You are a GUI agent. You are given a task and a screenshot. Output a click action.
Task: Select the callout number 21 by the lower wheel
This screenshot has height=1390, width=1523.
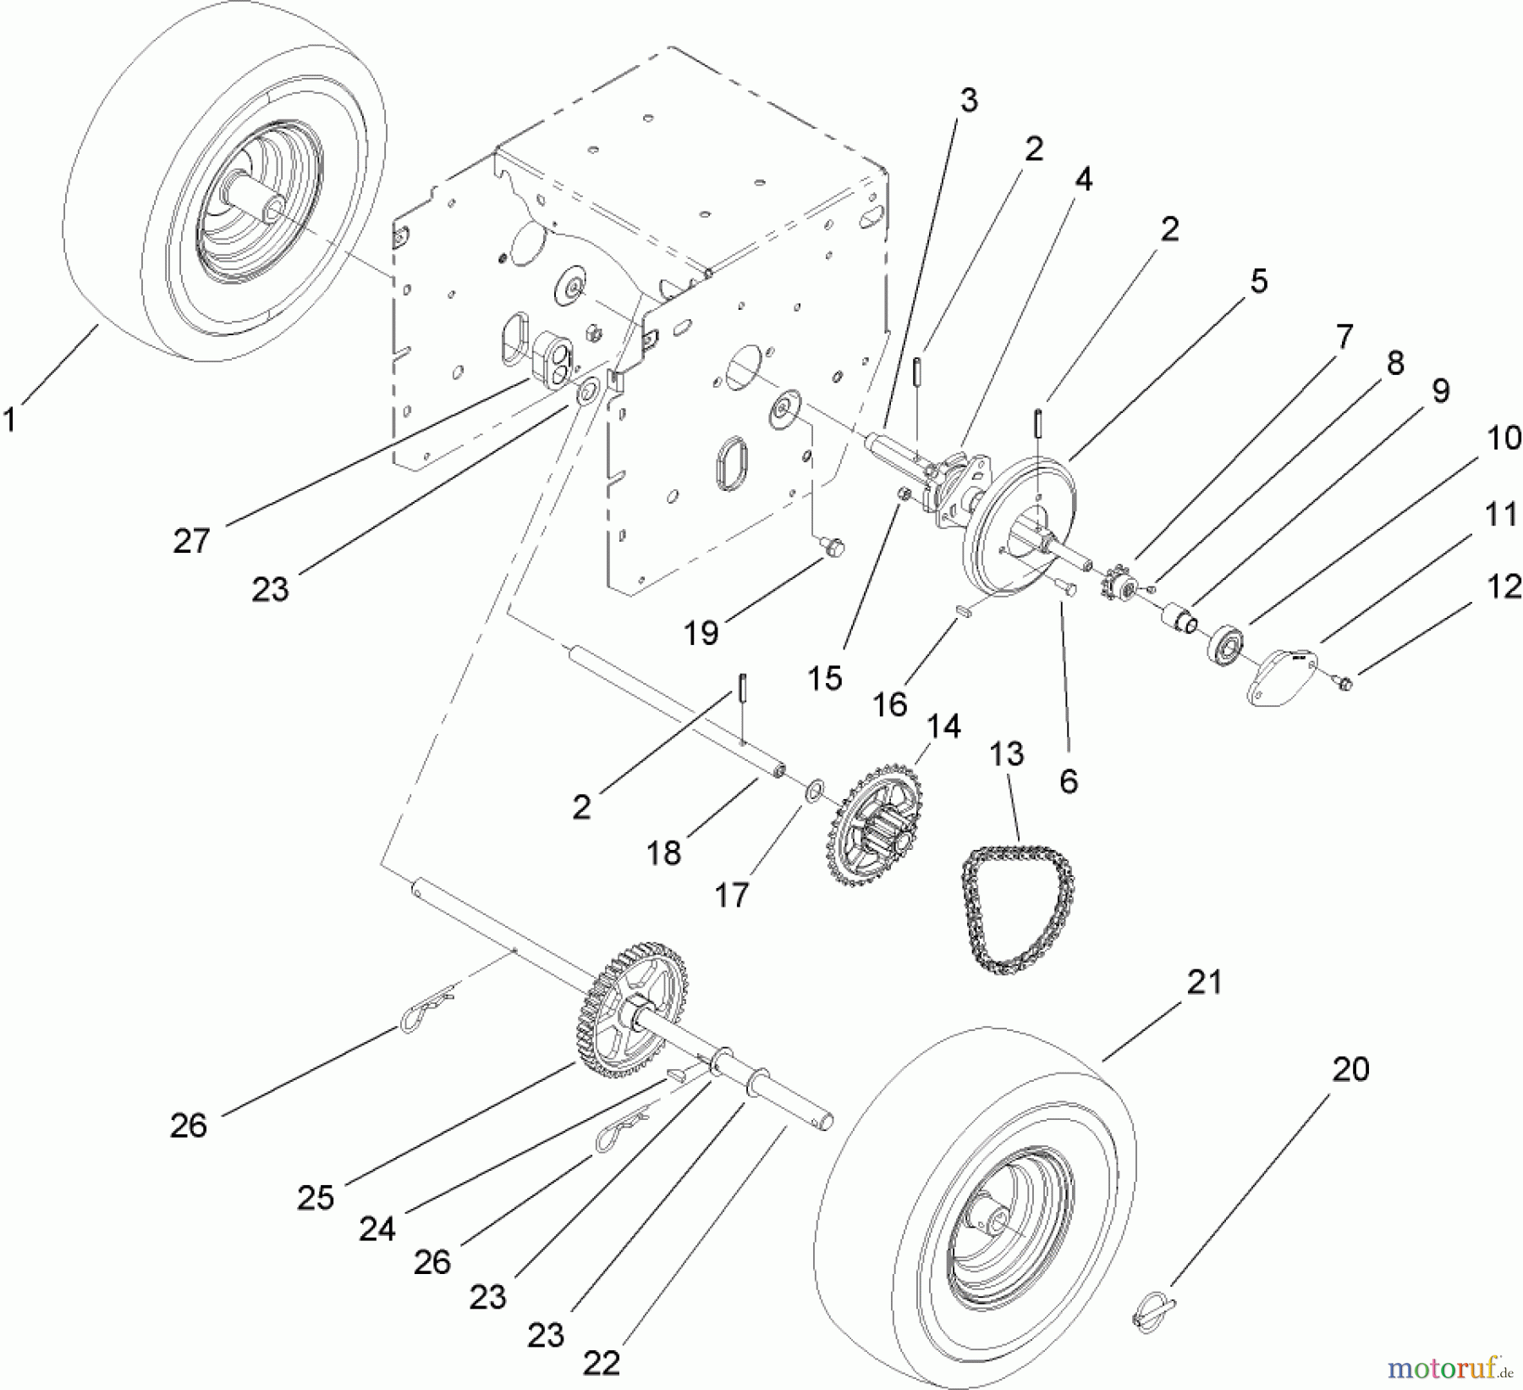click(x=1204, y=982)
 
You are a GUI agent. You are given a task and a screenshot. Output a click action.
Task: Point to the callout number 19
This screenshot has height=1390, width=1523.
click(x=701, y=632)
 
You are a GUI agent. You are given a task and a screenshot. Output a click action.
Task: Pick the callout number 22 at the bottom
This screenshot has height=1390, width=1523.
click(x=601, y=1363)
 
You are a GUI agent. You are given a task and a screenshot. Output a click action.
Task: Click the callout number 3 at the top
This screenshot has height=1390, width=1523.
click(x=969, y=101)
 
